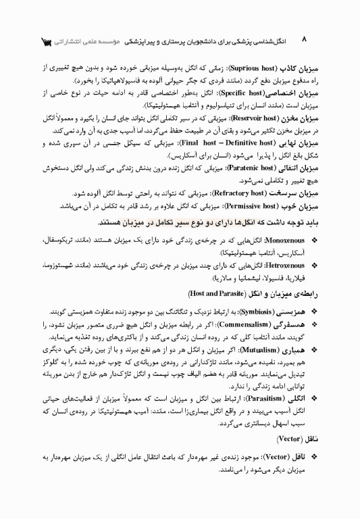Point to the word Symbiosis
click(x=253, y=313)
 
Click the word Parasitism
click(x=257, y=399)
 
